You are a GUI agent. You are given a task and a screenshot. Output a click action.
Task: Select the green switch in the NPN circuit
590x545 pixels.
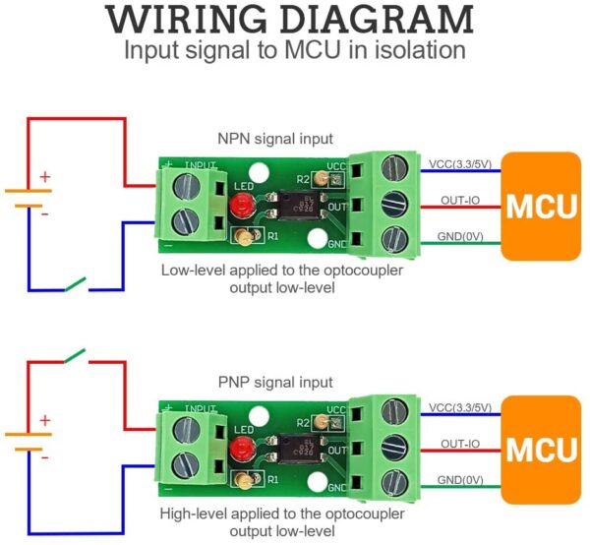point(74,285)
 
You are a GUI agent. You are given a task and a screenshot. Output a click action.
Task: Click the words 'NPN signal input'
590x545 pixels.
point(274,139)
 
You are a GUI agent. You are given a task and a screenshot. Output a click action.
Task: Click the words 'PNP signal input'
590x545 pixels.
point(274,382)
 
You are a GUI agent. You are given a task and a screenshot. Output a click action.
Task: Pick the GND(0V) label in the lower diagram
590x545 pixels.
point(460,479)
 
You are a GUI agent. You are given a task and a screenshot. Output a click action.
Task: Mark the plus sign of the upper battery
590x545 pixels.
point(45,178)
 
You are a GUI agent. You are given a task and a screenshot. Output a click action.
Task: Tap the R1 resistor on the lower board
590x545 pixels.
point(241,480)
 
